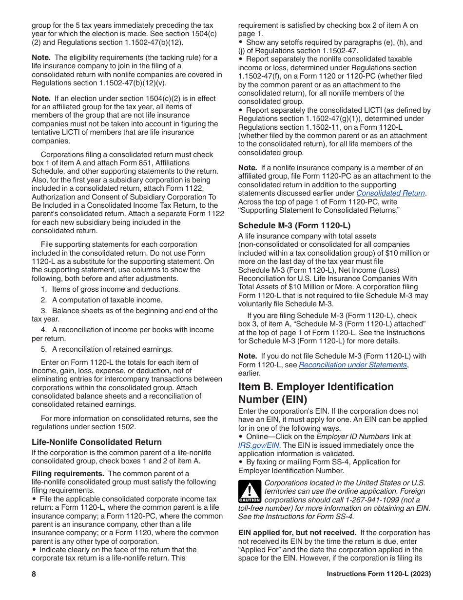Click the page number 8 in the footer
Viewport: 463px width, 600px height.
tap(34, 574)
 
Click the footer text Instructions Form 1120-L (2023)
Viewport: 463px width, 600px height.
tap(378, 574)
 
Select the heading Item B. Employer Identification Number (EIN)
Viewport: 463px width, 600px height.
tap(316, 393)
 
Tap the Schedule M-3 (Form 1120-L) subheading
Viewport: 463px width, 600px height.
tap(294, 225)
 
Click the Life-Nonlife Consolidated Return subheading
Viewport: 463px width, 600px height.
tap(96, 442)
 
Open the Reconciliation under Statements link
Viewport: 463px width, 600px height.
tap(352, 365)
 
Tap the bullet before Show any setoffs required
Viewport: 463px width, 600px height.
tap(241, 42)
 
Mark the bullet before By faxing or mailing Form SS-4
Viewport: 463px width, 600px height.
tap(241, 462)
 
